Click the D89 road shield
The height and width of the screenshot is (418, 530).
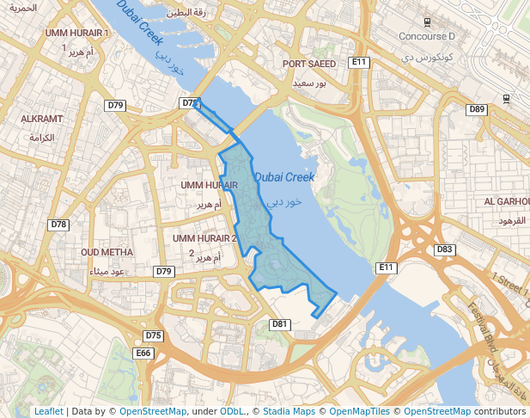(477, 109)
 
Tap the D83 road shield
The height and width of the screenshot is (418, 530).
(444, 249)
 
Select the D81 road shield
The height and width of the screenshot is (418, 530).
(279, 324)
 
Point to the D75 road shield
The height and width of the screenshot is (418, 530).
(153, 335)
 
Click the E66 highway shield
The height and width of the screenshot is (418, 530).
(143, 353)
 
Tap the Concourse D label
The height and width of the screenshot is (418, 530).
(427, 36)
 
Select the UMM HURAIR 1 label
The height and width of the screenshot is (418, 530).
(77, 33)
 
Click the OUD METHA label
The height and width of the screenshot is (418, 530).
(107, 252)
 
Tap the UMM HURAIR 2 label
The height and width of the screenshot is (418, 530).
(204, 238)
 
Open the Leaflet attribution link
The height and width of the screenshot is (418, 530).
(48, 411)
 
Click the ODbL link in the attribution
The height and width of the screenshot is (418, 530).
(232, 411)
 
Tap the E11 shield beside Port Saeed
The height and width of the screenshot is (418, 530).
(358, 63)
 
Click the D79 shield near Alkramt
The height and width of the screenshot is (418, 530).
(116, 105)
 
